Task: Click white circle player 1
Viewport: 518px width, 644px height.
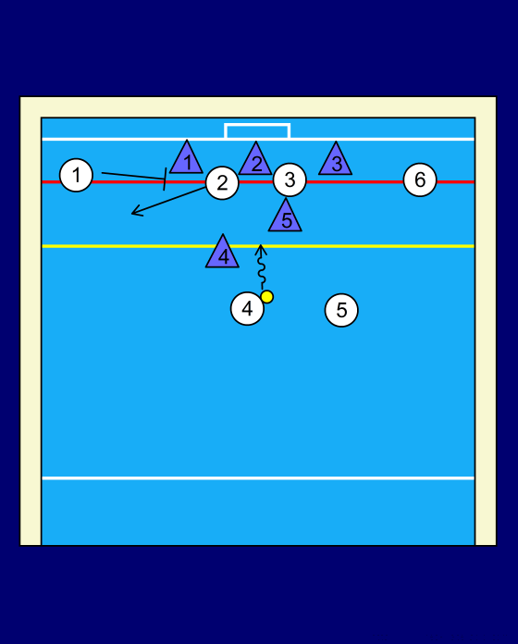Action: pyautogui.click(x=76, y=176)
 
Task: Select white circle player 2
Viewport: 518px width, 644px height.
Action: pyautogui.click(x=222, y=183)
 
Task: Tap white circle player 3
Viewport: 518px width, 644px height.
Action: pyautogui.click(x=290, y=180)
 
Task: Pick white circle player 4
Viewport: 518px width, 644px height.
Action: pyautogui.click(x=247, y=308)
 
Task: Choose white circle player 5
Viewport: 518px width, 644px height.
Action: pyautogui.click(x=341, y=310)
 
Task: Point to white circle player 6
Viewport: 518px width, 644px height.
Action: pyautogui.click(x=420, y=180)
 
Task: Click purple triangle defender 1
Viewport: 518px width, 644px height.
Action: pyautogui.click(x=186, y=160)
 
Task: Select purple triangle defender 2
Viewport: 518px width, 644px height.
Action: pyautogui.click(x=255, y=161)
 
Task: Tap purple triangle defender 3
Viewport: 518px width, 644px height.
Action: pyautogui.click(x=336, y=161)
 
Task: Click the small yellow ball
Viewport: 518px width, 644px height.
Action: pyautogui.click(x=266, y=296)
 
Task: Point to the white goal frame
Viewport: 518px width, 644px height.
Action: pyautogui.click(x=257, y=124)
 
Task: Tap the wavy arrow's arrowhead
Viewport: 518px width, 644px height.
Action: pyautogui.click(x=260, y=249)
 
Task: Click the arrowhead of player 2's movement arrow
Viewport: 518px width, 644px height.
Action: pyautogui.click(x=135, y=212)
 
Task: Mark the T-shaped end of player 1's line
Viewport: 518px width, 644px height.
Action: pyautogui.click(x=165, y=180)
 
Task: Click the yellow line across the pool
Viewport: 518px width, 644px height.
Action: pyautogui.click(x=258, y=246)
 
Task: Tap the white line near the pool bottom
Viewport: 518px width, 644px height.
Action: pyautogui.click(x=258, y=478)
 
